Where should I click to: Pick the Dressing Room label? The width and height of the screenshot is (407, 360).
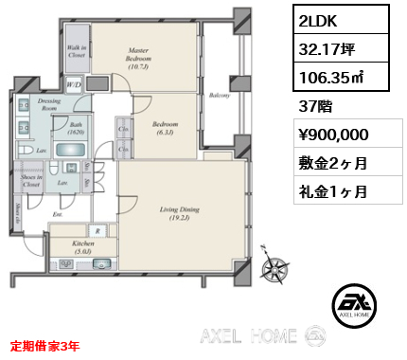(x=48, y=103)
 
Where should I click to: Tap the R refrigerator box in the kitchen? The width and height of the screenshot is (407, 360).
(x=98, y=230)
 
